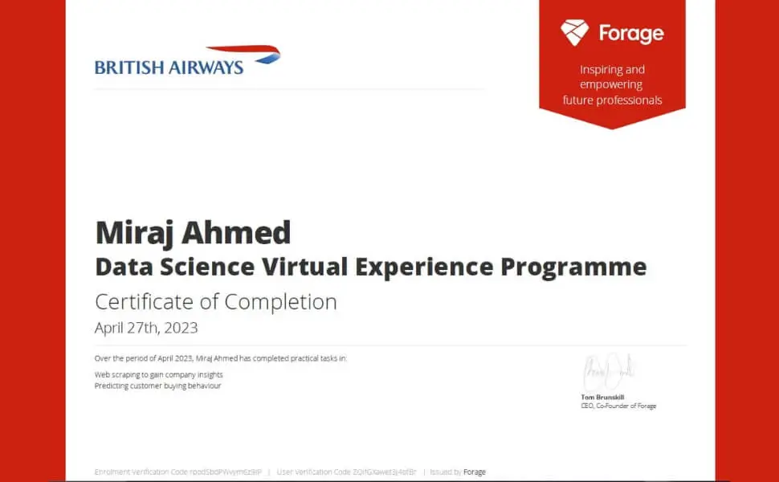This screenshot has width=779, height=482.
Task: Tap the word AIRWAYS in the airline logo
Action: (x=206, y=67)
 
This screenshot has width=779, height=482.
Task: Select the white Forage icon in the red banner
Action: (x=574, y=33)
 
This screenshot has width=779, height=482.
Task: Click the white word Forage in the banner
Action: (x=631, y=34)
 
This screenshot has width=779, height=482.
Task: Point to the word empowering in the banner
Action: (x=612, y=84)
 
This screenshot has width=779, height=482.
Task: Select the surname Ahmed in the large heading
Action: (x=239, y=233)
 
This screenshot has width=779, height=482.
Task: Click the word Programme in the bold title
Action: (x=573, y=267)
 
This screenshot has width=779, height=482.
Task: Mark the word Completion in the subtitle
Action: (x=280, y=302)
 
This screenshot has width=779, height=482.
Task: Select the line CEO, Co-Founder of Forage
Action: (x=618, y=406)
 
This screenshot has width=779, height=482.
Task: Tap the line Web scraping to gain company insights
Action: (x=159, y=374)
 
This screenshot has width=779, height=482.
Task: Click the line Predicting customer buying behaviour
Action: (x=157, y=386)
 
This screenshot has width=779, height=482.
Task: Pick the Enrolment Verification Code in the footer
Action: (x=178, y=472)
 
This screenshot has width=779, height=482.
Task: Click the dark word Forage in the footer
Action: (x=475, y=472)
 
